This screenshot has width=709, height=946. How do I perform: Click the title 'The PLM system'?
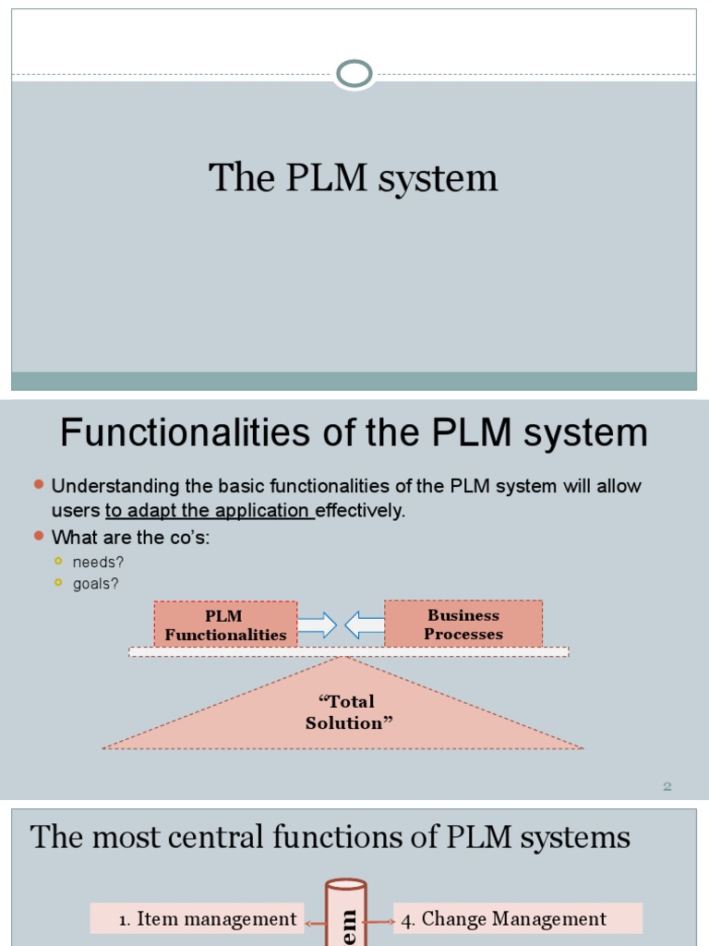click(353, 178)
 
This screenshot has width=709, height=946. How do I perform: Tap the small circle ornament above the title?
click(354, 73)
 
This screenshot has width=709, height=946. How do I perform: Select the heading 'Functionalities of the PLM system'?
click(354, 432)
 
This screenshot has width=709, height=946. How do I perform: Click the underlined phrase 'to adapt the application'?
click(210, 511)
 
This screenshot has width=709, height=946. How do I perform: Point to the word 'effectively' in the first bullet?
click(360, 511)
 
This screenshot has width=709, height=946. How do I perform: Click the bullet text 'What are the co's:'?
click(130, 537)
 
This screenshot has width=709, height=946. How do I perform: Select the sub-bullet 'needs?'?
click(99, 562)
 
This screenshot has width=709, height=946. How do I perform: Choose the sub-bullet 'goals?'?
click(97, 584)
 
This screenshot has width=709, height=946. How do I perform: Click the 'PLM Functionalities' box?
click(225, 625)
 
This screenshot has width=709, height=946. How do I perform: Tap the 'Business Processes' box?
click(463, 625)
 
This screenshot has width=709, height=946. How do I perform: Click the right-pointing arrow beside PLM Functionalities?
click(317, 625)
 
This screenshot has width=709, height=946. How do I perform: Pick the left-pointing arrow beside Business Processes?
click(365, 625)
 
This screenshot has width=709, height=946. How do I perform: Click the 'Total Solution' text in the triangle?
click(349, 712)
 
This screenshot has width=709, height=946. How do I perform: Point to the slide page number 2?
click(667, 786)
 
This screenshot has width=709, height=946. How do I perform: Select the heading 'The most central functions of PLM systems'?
click(330, 838)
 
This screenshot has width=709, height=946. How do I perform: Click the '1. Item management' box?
click(197, 918)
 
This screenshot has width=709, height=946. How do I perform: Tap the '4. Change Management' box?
click(517, 918)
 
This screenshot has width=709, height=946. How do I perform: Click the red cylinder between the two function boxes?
click(346, 915)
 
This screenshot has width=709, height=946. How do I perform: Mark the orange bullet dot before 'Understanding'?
click(39, 485)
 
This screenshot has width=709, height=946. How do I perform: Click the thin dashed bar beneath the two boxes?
click(348, 651)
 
